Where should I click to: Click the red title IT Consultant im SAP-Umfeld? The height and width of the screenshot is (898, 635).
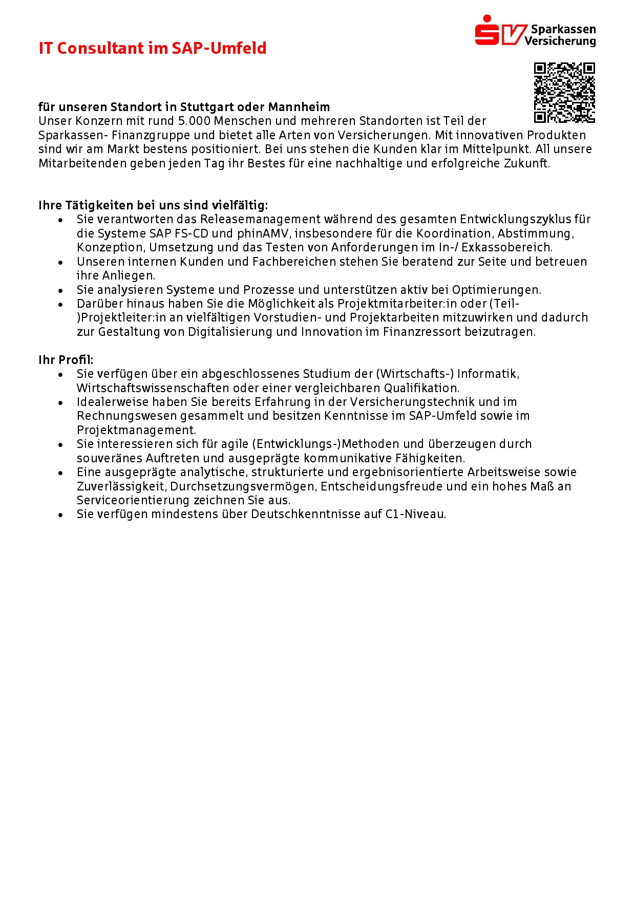coord(153,48)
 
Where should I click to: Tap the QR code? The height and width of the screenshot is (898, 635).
coord(564,93)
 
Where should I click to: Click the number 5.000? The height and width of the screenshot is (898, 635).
coord(195,121)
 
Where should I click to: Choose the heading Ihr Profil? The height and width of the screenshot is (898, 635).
coord(66,360)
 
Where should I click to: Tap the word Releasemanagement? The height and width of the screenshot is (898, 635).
coord(261,220)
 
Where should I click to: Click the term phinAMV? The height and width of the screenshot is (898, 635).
coord(263,234)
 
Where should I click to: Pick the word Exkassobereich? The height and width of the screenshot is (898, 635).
coord(506,248)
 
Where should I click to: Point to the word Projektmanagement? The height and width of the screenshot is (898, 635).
coord(136,430)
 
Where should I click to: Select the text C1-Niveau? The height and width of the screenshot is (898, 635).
coord(415,514)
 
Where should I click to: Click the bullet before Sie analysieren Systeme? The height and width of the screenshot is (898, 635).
coord(60,290)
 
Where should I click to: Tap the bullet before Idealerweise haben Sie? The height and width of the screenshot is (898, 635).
coord(60,402)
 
